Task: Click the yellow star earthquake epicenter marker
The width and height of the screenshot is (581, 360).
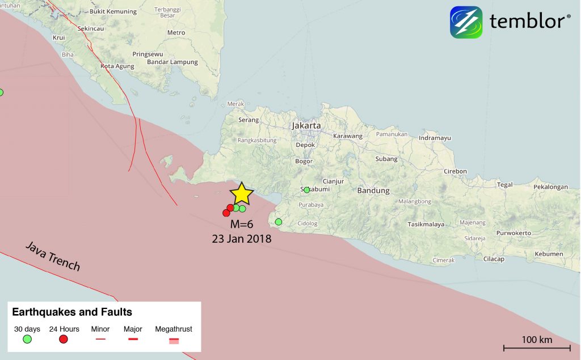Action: tap(242, 193)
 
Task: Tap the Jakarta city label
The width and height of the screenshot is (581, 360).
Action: tap(306, 125)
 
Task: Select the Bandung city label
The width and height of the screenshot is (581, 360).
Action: tap(373, 190)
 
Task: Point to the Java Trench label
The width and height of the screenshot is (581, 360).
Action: tap(52, 256)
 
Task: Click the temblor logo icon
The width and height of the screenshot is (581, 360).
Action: tap(466, 22)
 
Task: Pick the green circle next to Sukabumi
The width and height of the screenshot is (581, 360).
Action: tap(306, 190)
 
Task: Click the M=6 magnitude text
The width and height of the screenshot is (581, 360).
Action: tap(241, 225)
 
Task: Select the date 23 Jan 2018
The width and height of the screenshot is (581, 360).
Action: tap(242, 239)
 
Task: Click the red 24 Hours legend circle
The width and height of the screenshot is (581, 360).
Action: tap(64, 339)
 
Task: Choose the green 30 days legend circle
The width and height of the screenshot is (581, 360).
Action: tap(27, 339)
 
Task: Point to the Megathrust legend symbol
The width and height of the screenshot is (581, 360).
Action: tap(174, 340)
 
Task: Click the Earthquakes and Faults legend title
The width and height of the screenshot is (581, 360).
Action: tap(72, 312)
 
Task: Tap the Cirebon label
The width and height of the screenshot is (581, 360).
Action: tap(455, 171)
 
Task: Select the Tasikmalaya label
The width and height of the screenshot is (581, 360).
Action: tap(426, 225)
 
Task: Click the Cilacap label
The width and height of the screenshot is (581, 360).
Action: tap(493, 259)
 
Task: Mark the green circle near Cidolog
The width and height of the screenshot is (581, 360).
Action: tap(278, 222)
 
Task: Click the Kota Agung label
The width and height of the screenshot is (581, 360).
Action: tap(117, 66)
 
